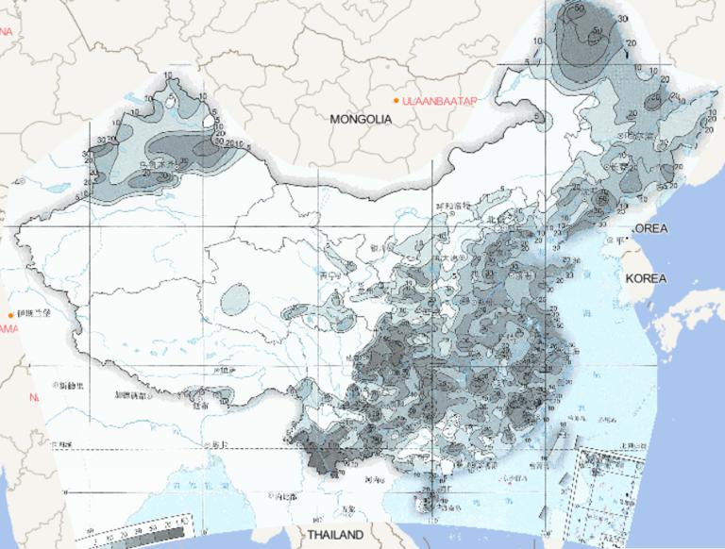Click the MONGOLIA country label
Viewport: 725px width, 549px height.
click(361, 120)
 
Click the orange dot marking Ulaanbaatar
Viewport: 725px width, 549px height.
click(396, 99)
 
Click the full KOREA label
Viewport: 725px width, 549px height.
click(646, 279)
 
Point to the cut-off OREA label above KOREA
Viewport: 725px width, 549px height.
click(649, 229)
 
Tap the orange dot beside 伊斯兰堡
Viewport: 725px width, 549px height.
click(11, 314)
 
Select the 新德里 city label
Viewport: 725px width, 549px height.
click(71, 385)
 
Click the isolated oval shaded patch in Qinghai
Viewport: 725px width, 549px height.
click(233, 300)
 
